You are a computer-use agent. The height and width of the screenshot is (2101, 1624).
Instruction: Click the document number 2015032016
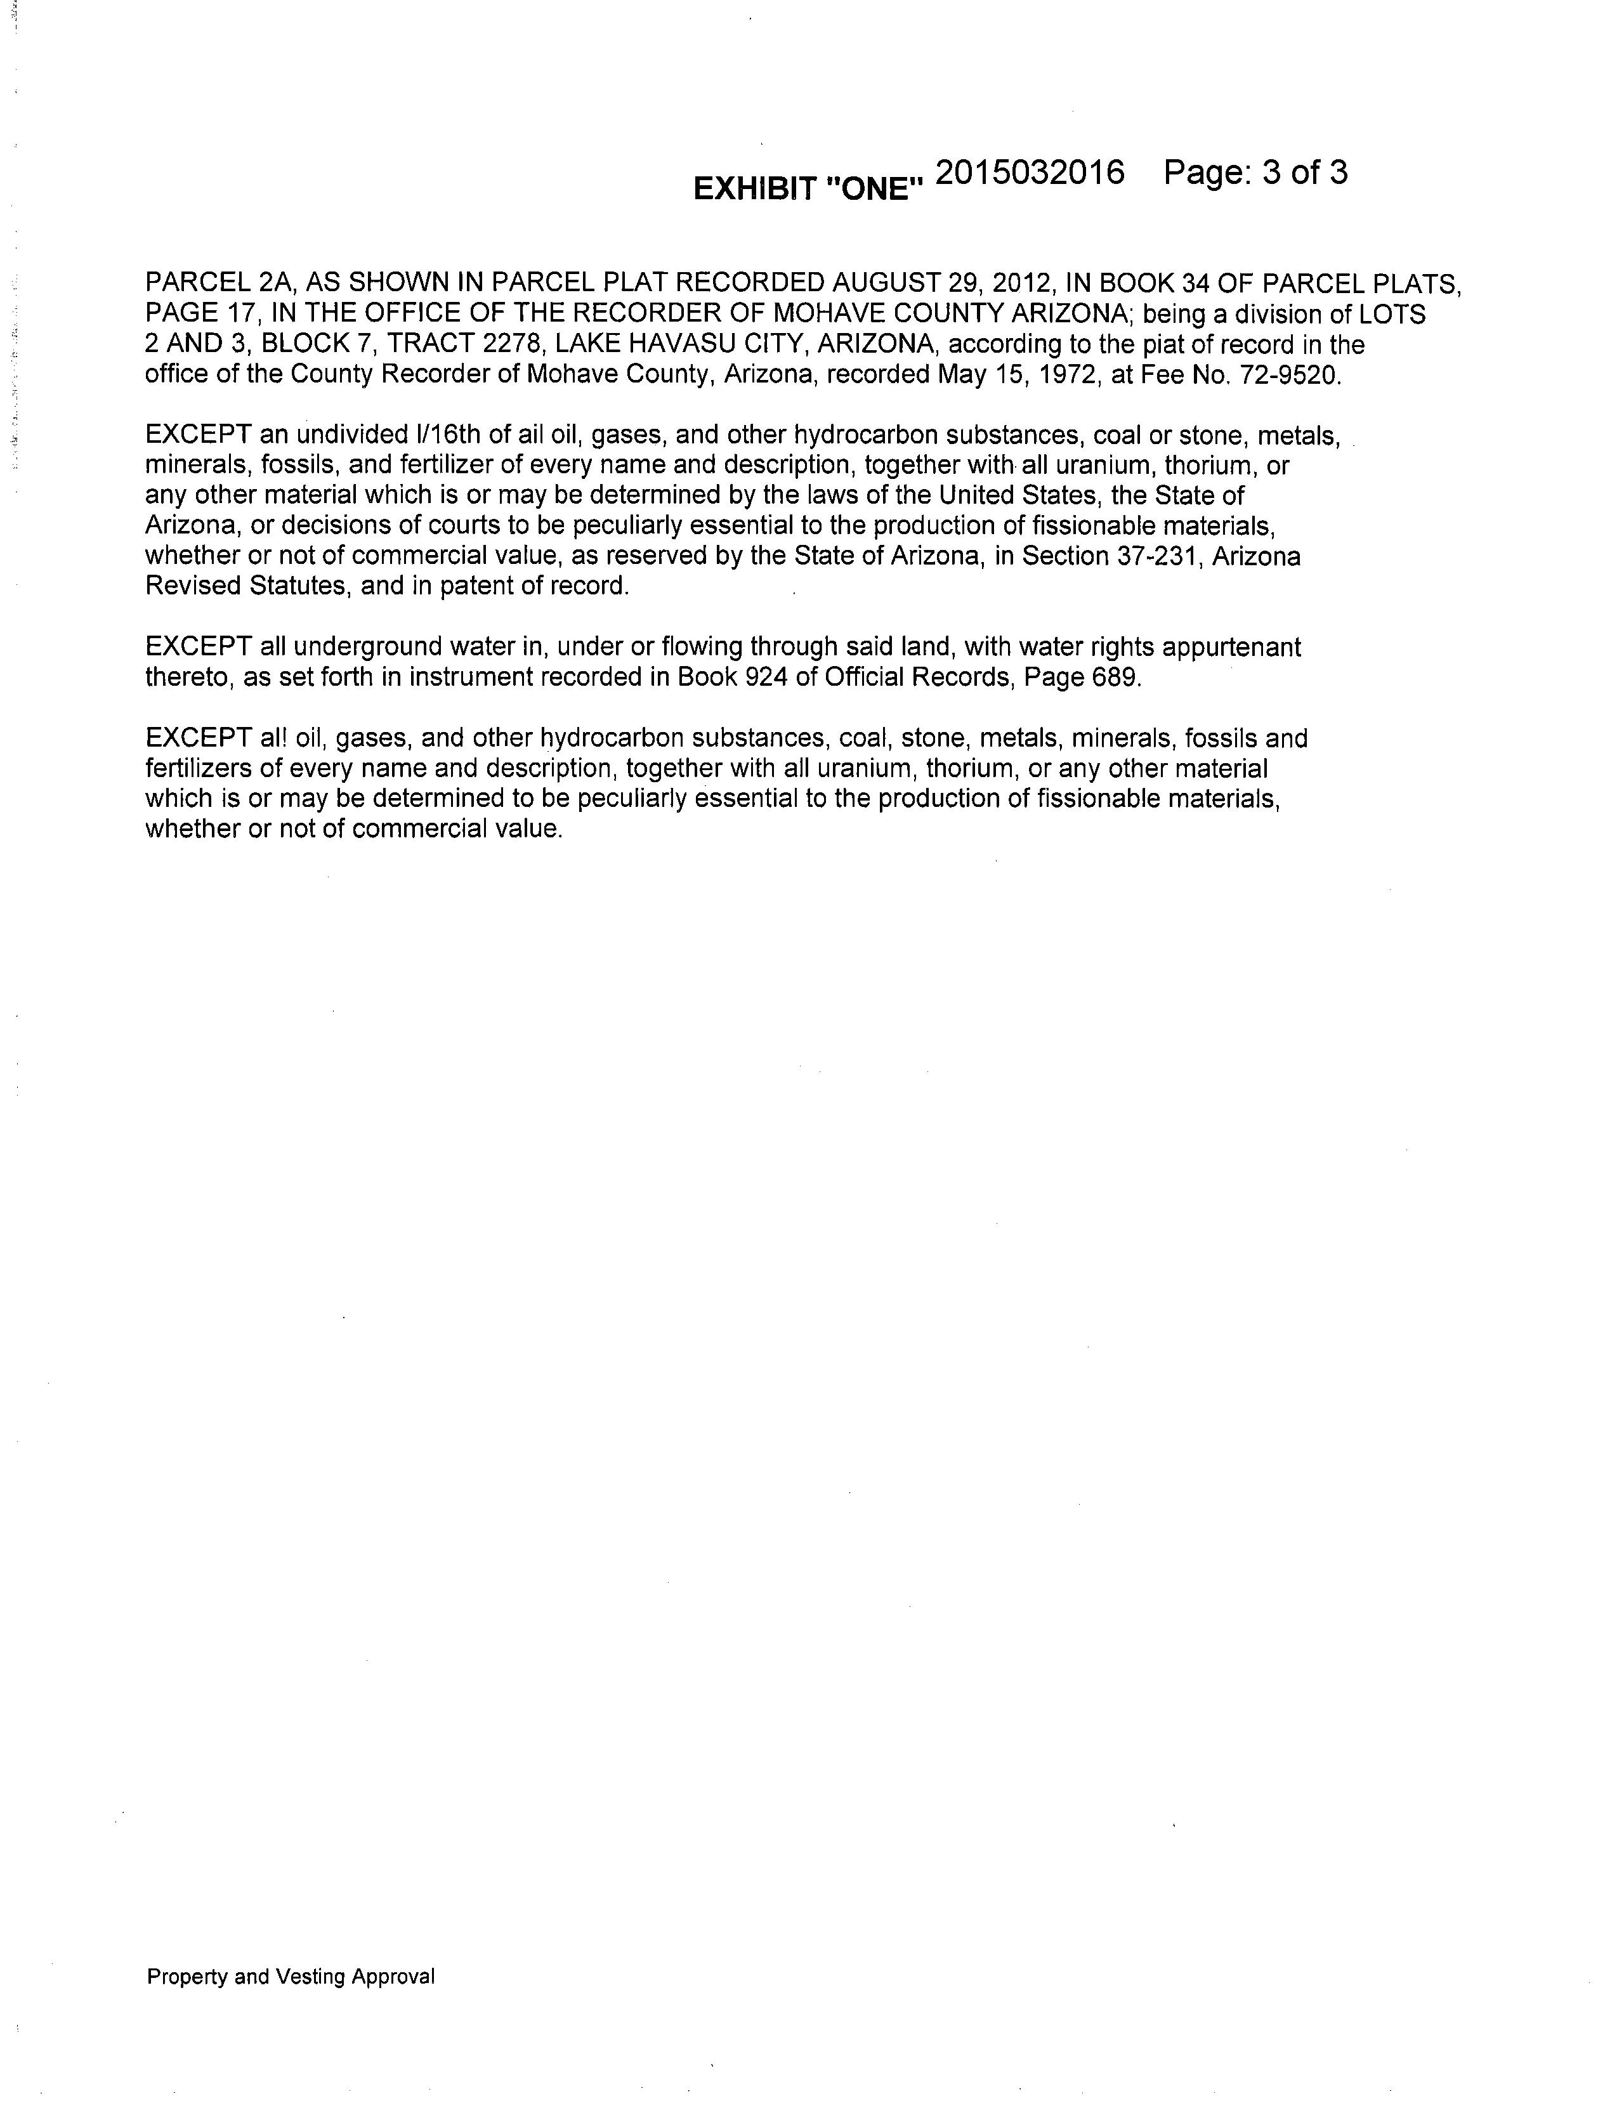pyautogui.click(x=1030, y=173)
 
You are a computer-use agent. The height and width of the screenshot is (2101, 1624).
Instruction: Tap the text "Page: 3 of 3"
pyautogui.click(x=1255, y=173)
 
